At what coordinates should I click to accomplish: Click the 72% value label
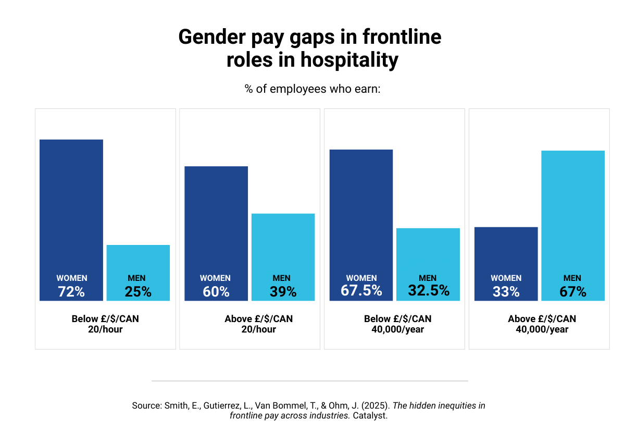71,292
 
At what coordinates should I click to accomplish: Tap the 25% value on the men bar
138,292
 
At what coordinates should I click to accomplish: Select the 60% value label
216,292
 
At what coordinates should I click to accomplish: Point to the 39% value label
283,292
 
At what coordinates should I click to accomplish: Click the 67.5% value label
361,291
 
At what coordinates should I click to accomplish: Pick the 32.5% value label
428,291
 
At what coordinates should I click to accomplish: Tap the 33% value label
506,292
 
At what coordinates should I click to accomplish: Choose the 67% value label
573,292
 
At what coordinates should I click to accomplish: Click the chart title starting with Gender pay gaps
310,48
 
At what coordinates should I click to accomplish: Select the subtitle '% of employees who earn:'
312,89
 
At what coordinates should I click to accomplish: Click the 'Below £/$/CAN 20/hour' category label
105,324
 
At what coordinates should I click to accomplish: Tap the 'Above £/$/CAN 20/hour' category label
258,324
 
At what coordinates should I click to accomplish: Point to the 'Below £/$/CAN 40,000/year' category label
398,324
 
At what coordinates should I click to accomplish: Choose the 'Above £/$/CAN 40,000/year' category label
542,324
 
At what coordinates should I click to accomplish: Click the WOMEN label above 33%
506,278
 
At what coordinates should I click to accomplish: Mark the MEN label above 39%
282,278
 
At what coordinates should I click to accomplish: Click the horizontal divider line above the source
310,381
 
